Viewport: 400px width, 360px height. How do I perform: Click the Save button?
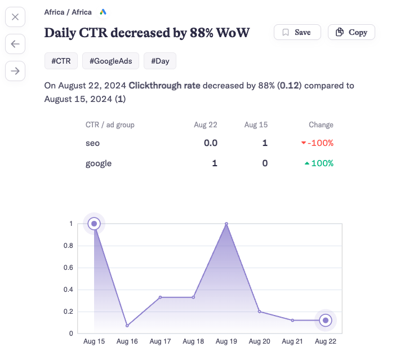coord(297,32)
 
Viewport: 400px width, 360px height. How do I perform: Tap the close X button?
coord(15,17)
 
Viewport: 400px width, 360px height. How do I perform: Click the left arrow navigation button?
coord(15,43)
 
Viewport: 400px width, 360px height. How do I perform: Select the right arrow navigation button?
coord(15,70)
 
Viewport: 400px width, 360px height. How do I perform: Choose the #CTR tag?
coord(61,61)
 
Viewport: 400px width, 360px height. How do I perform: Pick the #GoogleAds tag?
coord(110,61)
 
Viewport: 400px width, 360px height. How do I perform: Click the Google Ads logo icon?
coord(103,12)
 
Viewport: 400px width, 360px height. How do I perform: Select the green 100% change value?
coord(319,163)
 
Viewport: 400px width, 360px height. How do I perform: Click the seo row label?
coord(93,143)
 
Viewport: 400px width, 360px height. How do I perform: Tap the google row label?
coord(99,163)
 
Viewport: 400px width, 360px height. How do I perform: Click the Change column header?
coord(321,125)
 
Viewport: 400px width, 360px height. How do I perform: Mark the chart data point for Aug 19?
coord(226,224)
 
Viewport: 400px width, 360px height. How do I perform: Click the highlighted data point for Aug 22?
coord(325,321)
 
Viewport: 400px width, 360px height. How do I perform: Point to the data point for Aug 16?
coord(127,326)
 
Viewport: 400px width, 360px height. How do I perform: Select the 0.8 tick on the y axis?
coord(68,246)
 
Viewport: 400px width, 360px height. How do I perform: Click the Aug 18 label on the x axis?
coord(193,341)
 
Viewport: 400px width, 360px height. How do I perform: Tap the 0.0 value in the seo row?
coord(210,143)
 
